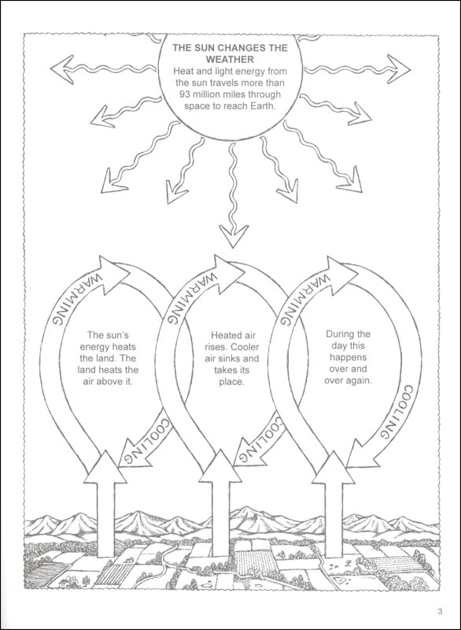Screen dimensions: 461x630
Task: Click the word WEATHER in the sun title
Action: pyautogui.click(x=230, y=60)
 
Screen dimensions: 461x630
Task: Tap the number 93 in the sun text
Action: pyautogui.click(x=186, y=94)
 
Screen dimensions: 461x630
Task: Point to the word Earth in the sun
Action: pyautogui.click(x=264, y=106)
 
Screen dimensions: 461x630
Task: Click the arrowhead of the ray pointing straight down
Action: pyautogui.click(x=234, y=236)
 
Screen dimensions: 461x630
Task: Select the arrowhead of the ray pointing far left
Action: pyautogui.click(x=61, y=69)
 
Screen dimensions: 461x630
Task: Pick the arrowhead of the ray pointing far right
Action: pyautogui.click(x=398, y=69)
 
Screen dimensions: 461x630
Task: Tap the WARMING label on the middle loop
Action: pyautogui.click(x=190, y=298)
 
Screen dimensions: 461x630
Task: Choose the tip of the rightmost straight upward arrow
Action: pyautogui.click(x=334, y=450)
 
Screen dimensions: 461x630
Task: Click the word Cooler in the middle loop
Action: pyautogui.click(x=245, y=346)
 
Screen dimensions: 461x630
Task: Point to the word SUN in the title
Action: pyautogui.click(x=199, y=48)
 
